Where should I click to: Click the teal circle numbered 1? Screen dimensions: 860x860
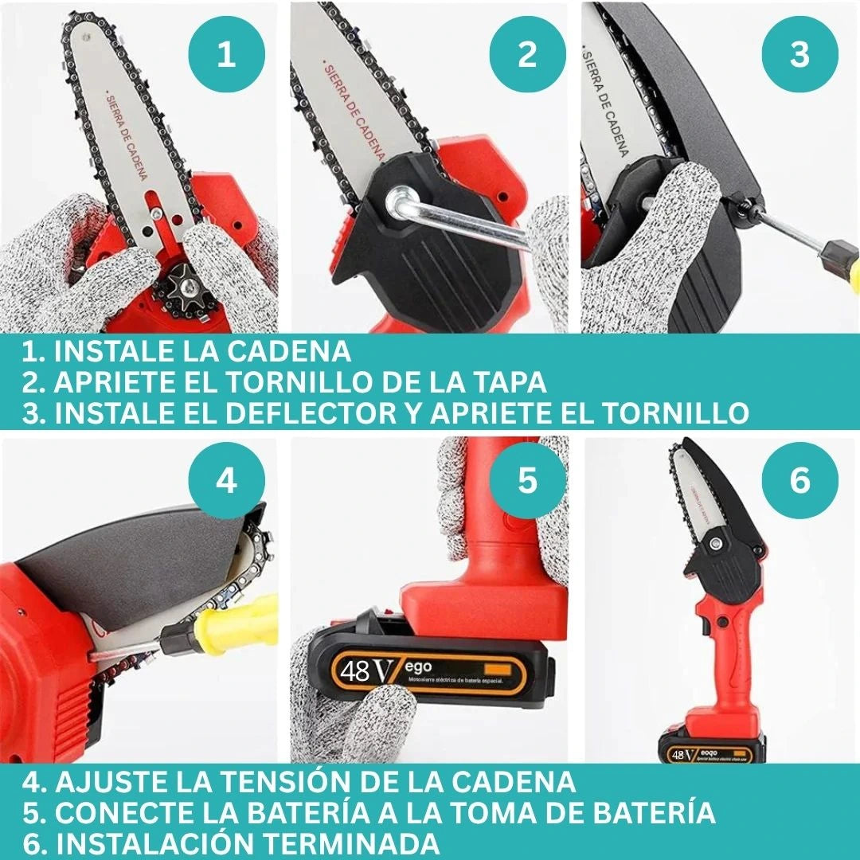click(226, 55)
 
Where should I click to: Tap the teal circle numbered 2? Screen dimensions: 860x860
click(527, 55)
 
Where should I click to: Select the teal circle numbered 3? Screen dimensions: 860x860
click(799, 55)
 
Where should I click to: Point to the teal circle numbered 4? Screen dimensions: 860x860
click(226, 482)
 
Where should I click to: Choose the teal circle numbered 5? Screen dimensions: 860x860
click(527, 482)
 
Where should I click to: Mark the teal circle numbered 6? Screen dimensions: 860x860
click(799, 482)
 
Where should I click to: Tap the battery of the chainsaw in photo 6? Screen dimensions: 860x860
click(711, 748)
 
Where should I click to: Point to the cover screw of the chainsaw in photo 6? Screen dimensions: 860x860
click(715, 545)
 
